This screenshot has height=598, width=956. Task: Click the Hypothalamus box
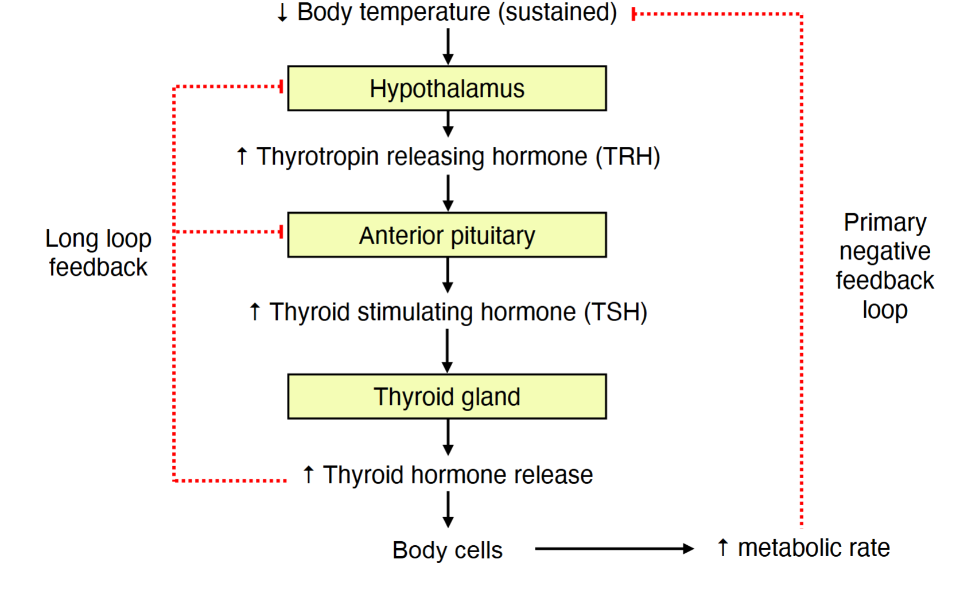(x=446, y=88)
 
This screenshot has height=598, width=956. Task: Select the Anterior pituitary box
(x=446, y=235)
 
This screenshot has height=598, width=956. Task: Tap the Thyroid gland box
(x=446, y=397)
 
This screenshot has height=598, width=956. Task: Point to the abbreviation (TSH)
(x=616, y=312)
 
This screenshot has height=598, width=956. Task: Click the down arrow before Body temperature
(x=282, y=13)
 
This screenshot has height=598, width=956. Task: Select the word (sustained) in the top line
(x=557, y=12)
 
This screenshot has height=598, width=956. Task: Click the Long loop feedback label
(x=98, y=253)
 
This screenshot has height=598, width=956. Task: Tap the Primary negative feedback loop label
(x=884, y=266)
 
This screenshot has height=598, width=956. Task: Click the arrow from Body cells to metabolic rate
(x=614, y=549)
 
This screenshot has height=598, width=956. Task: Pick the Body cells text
(x=447, y=550)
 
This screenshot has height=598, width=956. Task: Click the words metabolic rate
(x=813, y=548)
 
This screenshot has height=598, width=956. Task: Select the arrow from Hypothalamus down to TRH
(x=448, y=123)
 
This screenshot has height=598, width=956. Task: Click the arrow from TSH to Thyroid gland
(x=448, y=351)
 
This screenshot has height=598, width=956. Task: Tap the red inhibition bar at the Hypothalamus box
(x=281, y=87)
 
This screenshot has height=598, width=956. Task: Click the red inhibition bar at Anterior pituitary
(x=281, y=232)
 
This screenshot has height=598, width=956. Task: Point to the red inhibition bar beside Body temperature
(x=634, y=14)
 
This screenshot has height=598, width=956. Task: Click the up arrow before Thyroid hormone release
(x=309, y=475)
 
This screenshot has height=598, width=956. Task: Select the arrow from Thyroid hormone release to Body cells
(x=448, y=510)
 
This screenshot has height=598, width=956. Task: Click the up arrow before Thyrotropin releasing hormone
(x=242, y=157)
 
